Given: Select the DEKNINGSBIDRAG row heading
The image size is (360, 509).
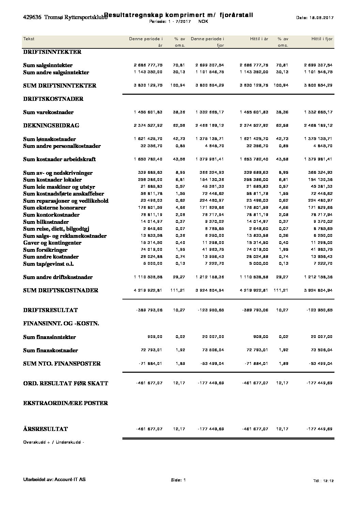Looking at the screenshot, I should click(51, 126).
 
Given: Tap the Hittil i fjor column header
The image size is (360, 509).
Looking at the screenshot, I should click(321, 39).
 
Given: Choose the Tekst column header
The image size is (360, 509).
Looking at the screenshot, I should click(29, 39).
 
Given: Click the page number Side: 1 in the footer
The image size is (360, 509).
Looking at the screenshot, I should click(178, 480).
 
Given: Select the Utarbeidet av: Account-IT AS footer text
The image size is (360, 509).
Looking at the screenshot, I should click(54, 480).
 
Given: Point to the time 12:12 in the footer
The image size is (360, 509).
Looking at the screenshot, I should click(328, 480).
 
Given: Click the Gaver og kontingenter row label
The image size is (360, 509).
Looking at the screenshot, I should click(52, 243).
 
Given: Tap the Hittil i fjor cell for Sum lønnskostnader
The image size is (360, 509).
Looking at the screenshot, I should click(318, 139).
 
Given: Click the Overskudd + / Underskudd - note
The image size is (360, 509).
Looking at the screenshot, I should click(54, 442).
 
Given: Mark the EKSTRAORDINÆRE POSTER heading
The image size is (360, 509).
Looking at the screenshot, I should click(65, 403).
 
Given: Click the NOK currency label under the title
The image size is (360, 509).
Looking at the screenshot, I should click(203, 21).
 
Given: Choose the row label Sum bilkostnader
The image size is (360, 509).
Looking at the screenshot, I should click(46, 222).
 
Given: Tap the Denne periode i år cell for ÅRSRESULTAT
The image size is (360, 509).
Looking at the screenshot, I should click(149, 429).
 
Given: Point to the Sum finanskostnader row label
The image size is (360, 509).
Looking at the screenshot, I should click(50, 351).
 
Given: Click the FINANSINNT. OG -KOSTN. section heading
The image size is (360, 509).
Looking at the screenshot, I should click(61, 324).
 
